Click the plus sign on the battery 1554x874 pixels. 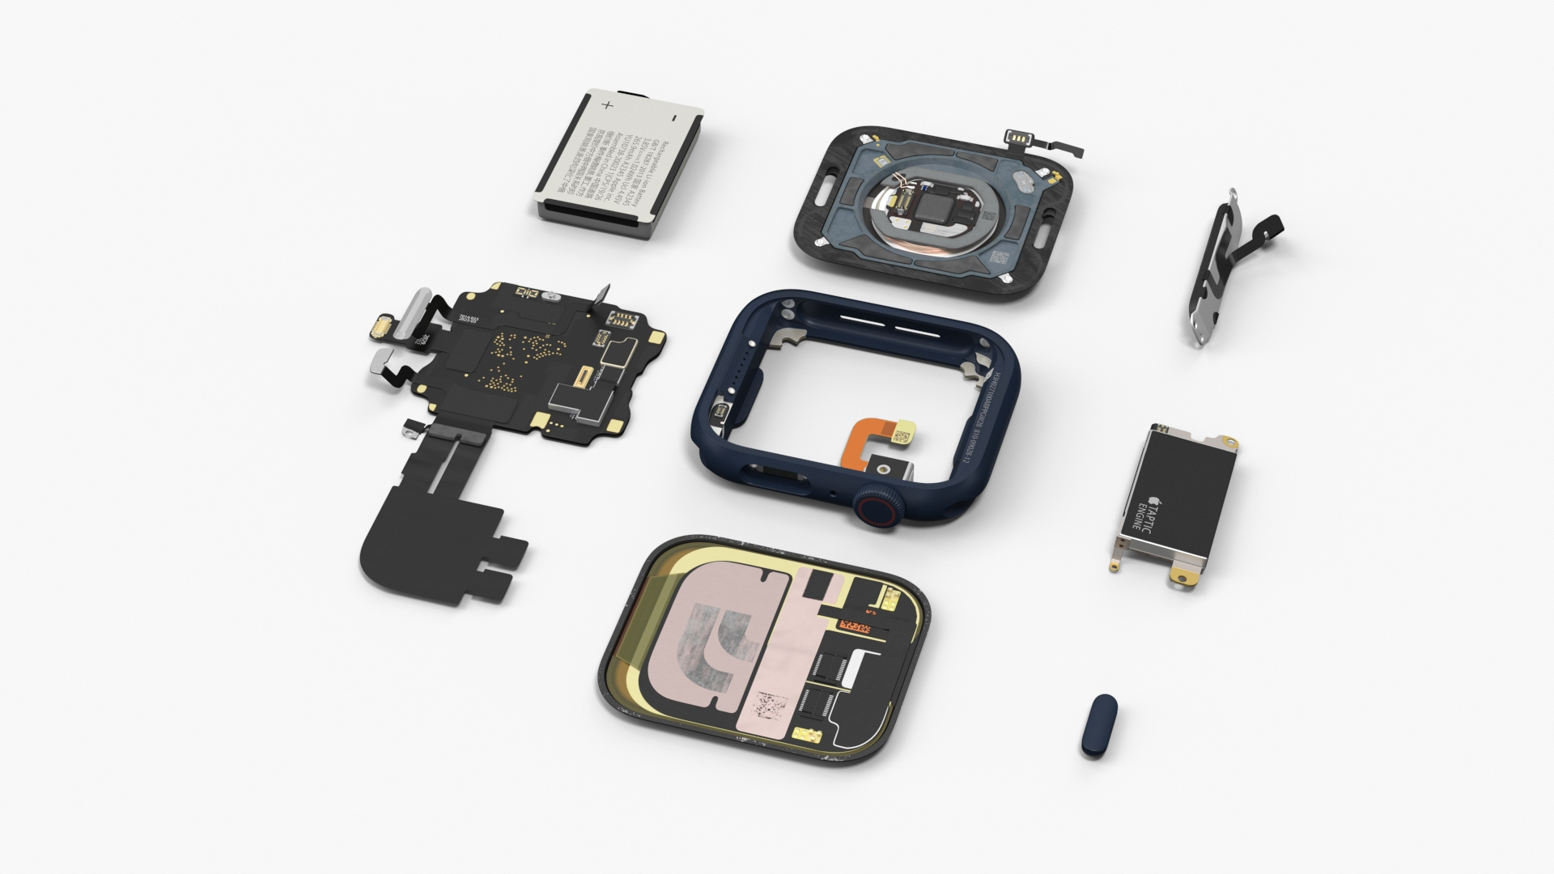(x=608, y=104)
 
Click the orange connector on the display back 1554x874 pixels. (x=854, y=627)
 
